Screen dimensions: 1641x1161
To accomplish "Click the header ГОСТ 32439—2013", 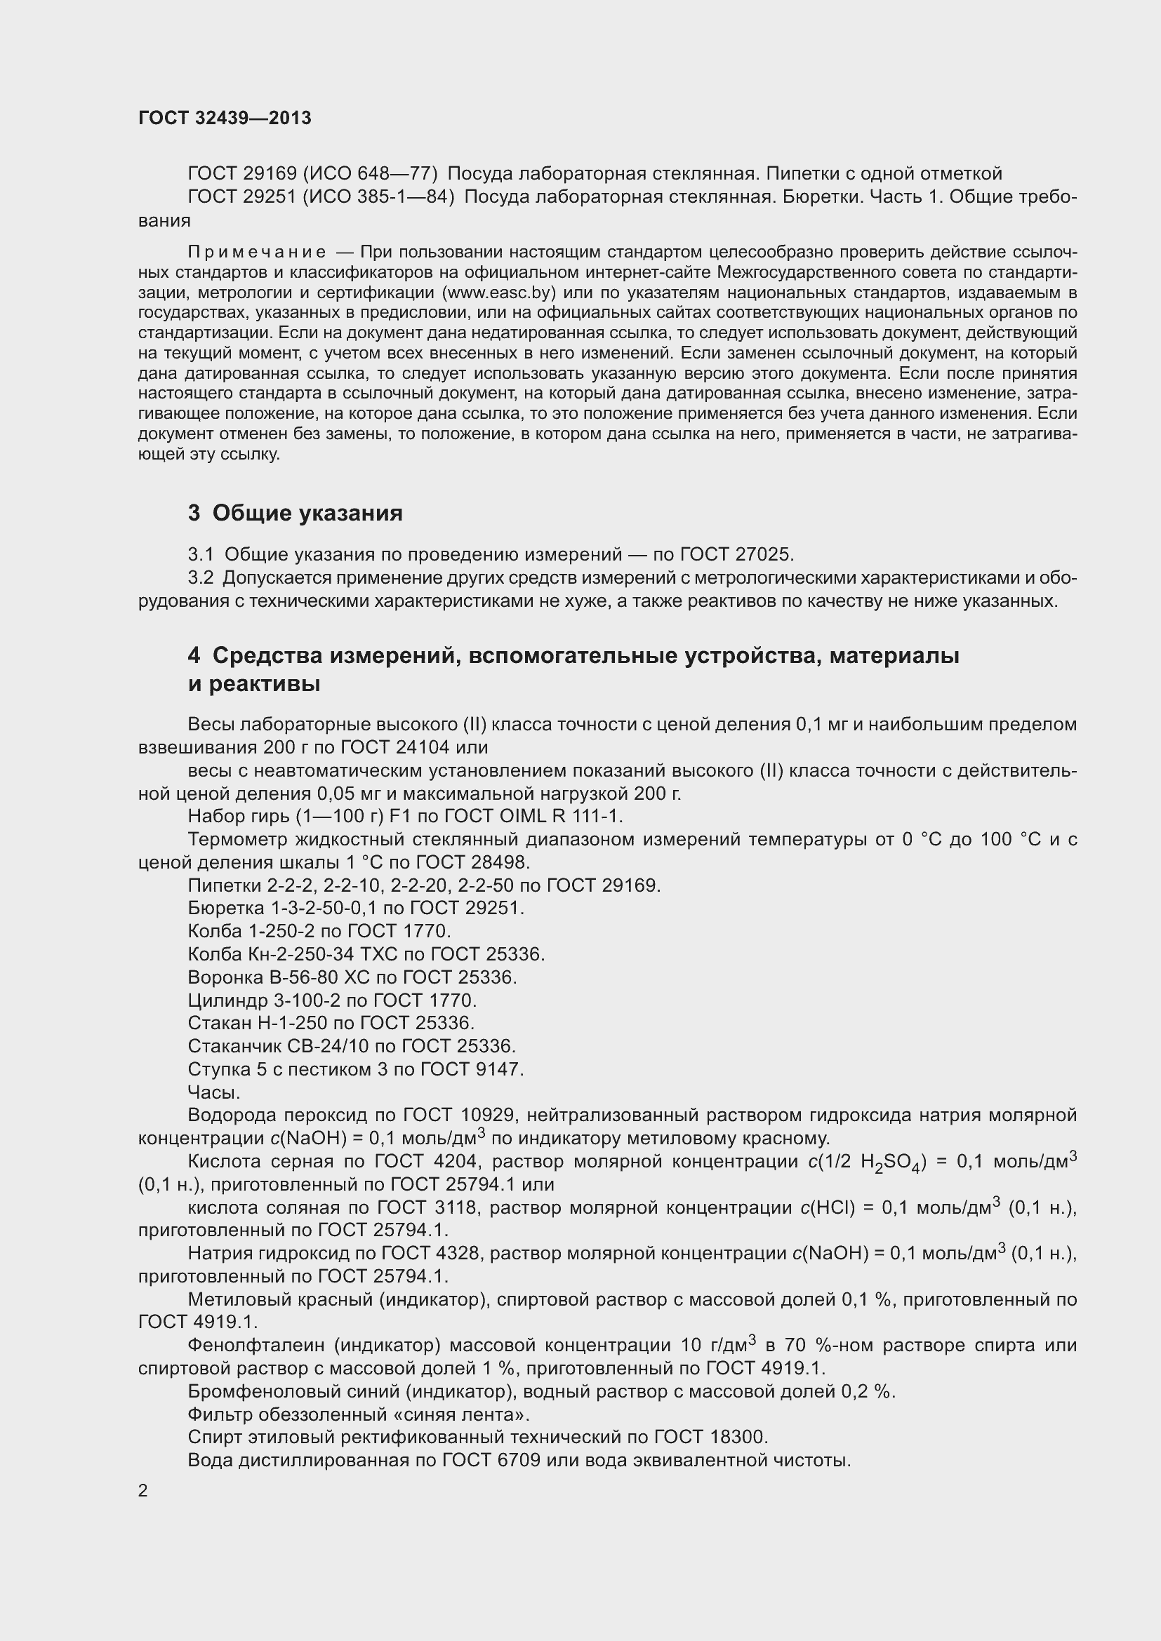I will tap(225, 118).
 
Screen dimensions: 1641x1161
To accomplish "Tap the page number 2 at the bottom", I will tap(143, 1491).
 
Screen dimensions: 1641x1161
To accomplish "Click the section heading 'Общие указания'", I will tap(307, 513).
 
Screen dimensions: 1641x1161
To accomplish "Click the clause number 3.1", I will tap(201, 555).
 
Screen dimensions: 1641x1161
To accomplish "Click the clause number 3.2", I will tap(201, 577).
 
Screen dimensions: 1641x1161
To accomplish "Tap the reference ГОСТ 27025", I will tap(736, 555).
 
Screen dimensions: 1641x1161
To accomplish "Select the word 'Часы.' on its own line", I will tap(214, 1092).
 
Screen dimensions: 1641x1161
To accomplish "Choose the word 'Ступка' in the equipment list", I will tap(218, 1069).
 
